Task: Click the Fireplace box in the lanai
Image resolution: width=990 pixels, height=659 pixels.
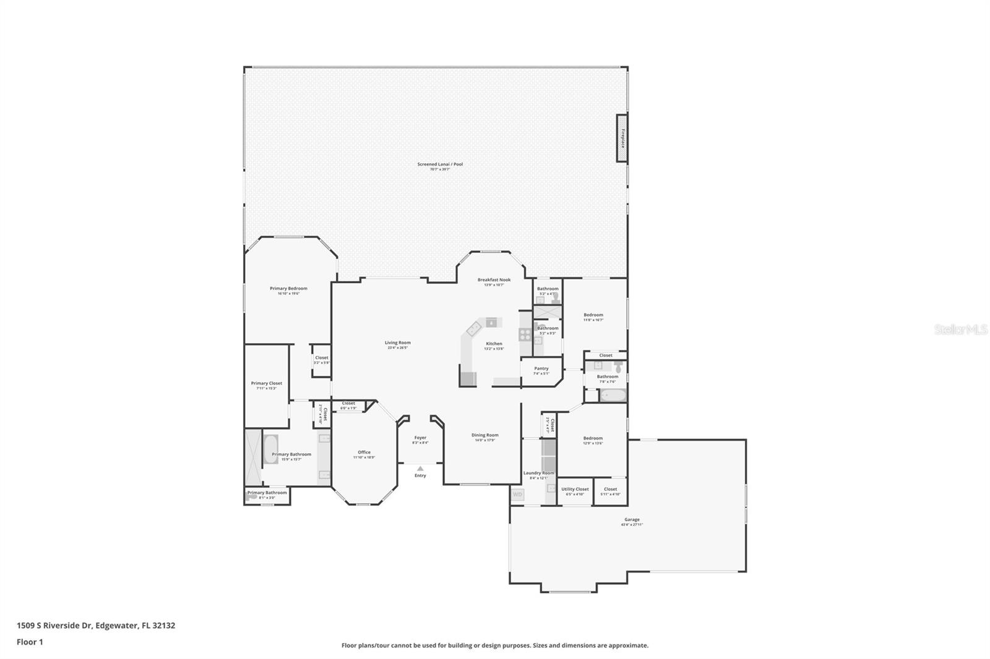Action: pyautogui.click(x=622, y=138)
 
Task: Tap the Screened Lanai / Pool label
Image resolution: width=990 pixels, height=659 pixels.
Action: pyautogui.click(x=439, y=164)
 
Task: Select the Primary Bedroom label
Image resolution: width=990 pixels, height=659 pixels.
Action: pyautogui.click(x=288, y=289)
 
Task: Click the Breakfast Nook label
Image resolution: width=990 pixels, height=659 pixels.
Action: pyautogui.click(x=494, y=280)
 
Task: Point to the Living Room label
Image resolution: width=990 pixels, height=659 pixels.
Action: pyautogui.click(x=397, y=343)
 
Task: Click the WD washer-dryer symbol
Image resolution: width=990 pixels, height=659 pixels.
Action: pyautogui.click(x=517, y=495)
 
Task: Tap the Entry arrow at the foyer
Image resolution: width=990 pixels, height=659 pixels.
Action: pyautogui.click(x=420, y=469)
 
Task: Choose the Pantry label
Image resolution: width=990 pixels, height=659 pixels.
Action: pyautogui.click(x=541, y=369)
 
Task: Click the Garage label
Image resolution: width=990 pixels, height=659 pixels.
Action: pyautogui.click(x=632, y=520)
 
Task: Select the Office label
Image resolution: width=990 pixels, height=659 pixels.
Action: pyautogui.click(x=364, y=453)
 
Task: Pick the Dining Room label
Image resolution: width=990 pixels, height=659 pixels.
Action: pyautogui.click(x=484, y=435)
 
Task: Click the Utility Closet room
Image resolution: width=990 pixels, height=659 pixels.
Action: pyautogui.click(x=575, y=491)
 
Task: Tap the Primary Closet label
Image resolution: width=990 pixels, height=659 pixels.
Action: pyautogui.click(x=266, y=384)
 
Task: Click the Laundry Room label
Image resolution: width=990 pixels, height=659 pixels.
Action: pyautogui.click(x=538, y=474)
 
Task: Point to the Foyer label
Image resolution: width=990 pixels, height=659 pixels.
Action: pyautogui.click(x=420, y=438)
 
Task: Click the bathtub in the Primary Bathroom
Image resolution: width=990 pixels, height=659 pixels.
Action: pyautogui.click(x=270, y=449)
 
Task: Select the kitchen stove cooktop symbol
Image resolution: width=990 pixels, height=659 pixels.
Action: pyautogui.click(x=525, y=334)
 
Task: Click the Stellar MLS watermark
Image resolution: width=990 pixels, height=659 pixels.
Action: pyautogui.click(x=960, y=330)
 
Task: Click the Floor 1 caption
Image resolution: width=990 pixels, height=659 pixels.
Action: pyautogui.click(x=30, y=642)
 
